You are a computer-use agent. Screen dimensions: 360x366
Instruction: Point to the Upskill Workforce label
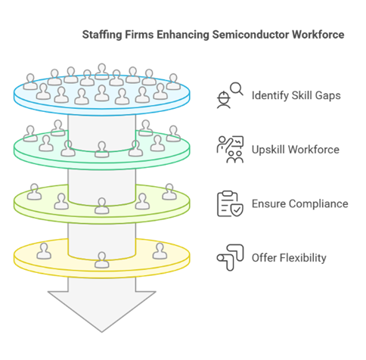[295, 150]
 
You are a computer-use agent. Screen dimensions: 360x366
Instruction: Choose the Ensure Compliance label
[299, 203]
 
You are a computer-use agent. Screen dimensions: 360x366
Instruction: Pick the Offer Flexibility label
[289, 258]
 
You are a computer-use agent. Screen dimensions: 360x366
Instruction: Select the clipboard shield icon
[229, 203]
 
